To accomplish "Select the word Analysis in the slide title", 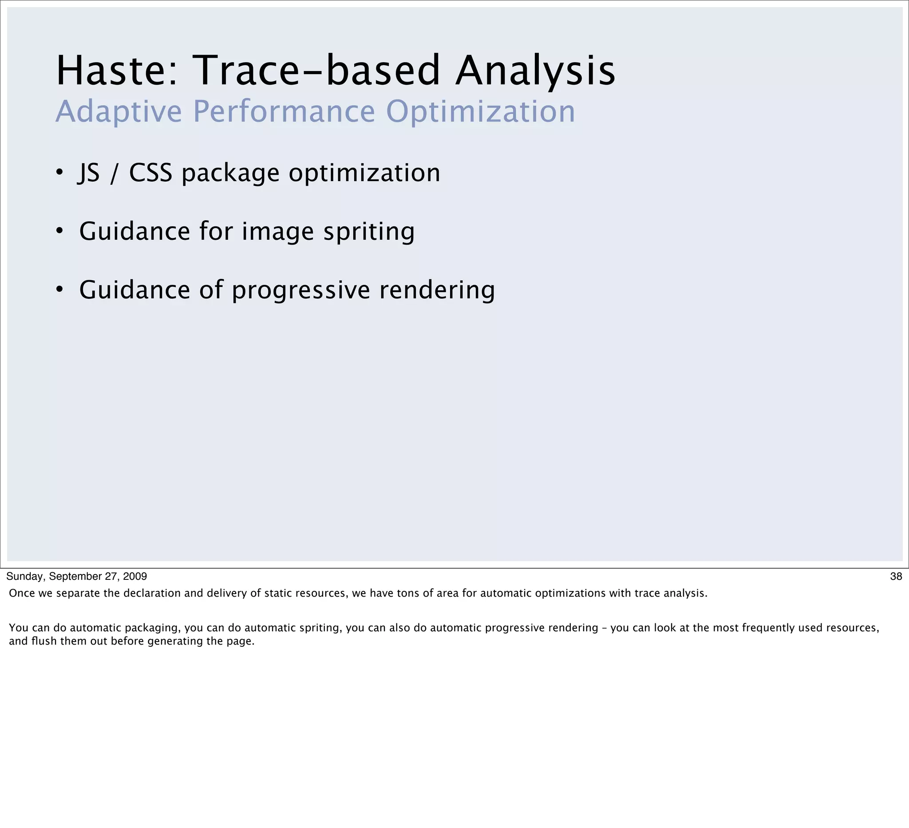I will [x=535, y=71].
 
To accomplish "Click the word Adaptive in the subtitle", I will [x=119, y=111].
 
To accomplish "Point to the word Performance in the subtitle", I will [x=284, y=111].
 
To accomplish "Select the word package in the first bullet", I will [x=230, y=174].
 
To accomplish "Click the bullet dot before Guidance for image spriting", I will [x=59, y=231].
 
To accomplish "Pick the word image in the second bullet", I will [x=278, y=232].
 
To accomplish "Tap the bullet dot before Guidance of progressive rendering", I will [x=59, y=289].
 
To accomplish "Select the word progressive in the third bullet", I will [x=301, y=290].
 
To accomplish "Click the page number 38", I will [x=896, y=576].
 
